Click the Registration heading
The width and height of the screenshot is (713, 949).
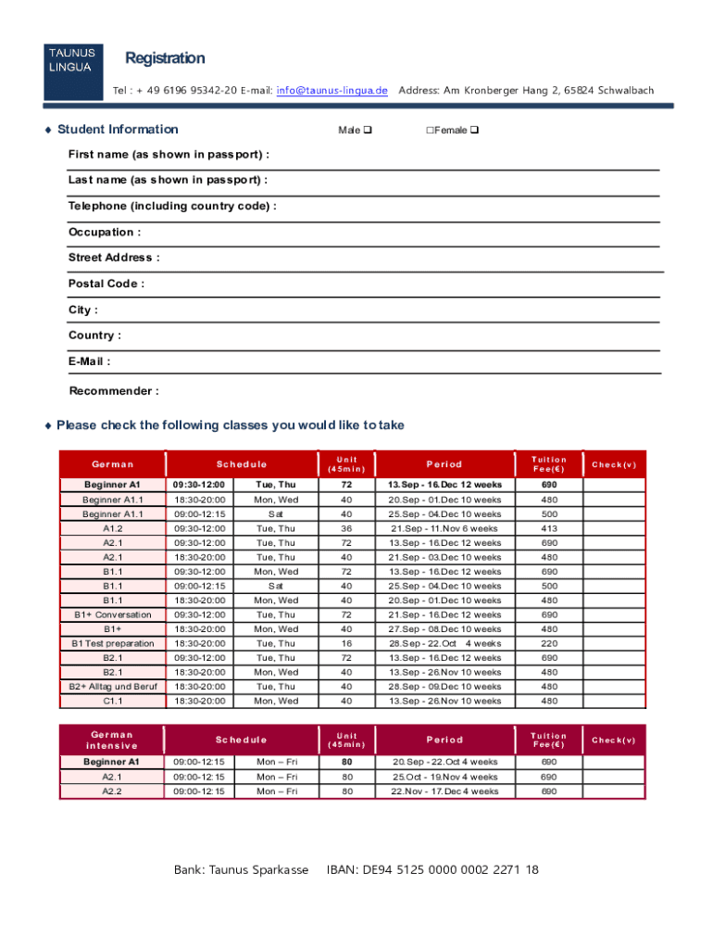coord(165,58)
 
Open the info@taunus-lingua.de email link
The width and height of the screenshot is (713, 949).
coord(331,90)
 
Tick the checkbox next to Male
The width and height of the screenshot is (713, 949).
coord(368,130)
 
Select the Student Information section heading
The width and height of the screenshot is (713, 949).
coord(117,129)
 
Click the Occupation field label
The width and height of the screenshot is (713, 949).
coord(105,232)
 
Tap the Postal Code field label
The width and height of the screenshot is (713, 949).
coord(106,284)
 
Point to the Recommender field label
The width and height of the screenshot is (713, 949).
coord(113,391)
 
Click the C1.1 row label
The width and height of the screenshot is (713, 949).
coord(112,702)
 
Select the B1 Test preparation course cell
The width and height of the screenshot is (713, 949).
coord(112,644)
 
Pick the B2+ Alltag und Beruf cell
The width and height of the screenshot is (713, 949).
coord(112,687)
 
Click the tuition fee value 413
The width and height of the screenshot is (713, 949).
coord(549,528)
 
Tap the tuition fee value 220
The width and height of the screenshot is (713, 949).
coord(549,644)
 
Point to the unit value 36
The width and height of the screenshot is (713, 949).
coord(346,528)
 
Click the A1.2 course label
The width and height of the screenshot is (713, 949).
coord(112,528)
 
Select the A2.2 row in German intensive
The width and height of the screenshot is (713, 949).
coord(112,791)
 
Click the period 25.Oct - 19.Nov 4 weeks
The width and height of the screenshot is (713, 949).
coord(444,777)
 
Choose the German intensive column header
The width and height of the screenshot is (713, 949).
coord(112,740)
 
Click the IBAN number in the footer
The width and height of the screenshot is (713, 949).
coord(432,870)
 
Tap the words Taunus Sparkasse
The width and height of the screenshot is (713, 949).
coord(258,870)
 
